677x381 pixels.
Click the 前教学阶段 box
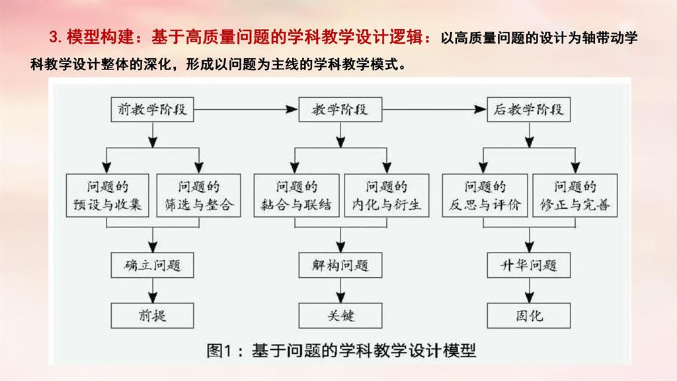152,110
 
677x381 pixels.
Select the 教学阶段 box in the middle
340,110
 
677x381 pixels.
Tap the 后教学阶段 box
528,110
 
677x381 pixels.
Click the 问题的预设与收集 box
108,195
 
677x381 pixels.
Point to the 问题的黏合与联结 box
296,195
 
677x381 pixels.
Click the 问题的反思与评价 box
485,195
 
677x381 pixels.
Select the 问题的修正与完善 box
575,195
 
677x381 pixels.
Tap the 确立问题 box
152,266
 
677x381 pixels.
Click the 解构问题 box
340,266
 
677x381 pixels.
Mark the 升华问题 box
528,266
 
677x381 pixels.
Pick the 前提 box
152,316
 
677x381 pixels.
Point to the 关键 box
340,316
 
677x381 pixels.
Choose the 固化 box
528,316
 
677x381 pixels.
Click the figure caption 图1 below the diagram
341,350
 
